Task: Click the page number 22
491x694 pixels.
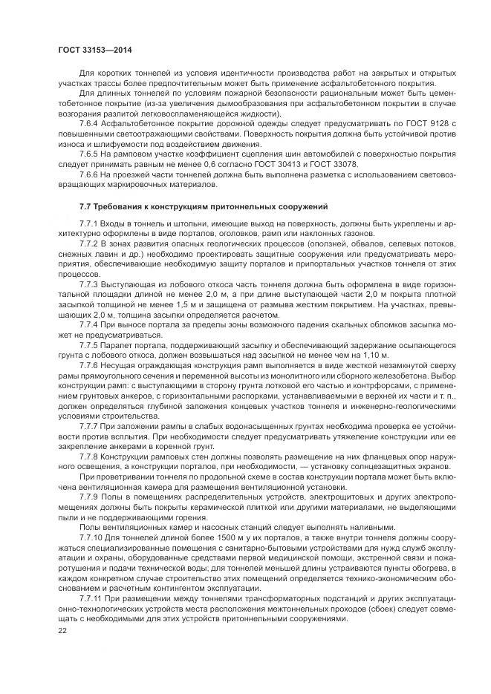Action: [x=62, y=629]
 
